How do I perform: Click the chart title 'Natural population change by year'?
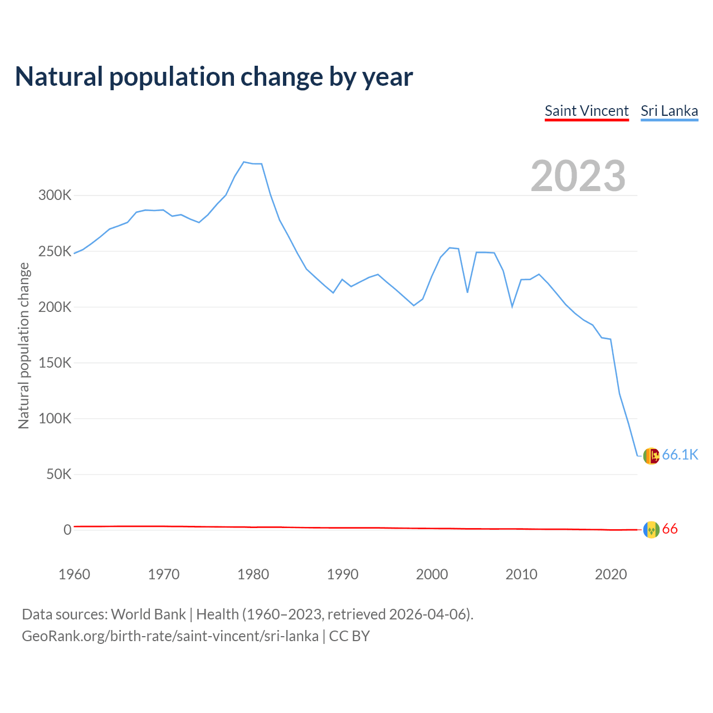click(214, 77)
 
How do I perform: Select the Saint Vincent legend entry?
click(587, 111)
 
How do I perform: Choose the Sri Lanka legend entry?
click(669, 111)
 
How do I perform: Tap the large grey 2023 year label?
click(578, 176)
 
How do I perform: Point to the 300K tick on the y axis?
click(55, 196)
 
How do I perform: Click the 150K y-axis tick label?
click(55, 363)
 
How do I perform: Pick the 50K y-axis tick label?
click(58, 475)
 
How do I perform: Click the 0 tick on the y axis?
click(67, 530)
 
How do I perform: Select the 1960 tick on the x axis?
click(74, 574)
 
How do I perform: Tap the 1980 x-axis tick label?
click(253, 574)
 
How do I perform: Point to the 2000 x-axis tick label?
click(432, 574)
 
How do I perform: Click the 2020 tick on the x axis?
click(611, 574)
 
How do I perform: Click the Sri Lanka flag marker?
click(651, 456)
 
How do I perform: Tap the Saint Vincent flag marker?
click(651, 530)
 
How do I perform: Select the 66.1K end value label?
click(680, 455)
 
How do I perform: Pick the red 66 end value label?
click(670, 529)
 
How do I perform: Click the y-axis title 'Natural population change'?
click(23, 345)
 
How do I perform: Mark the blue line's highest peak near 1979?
click(244, 162)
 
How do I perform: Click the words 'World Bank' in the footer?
click(148, 614)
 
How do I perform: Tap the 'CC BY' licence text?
click(349, 636)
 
